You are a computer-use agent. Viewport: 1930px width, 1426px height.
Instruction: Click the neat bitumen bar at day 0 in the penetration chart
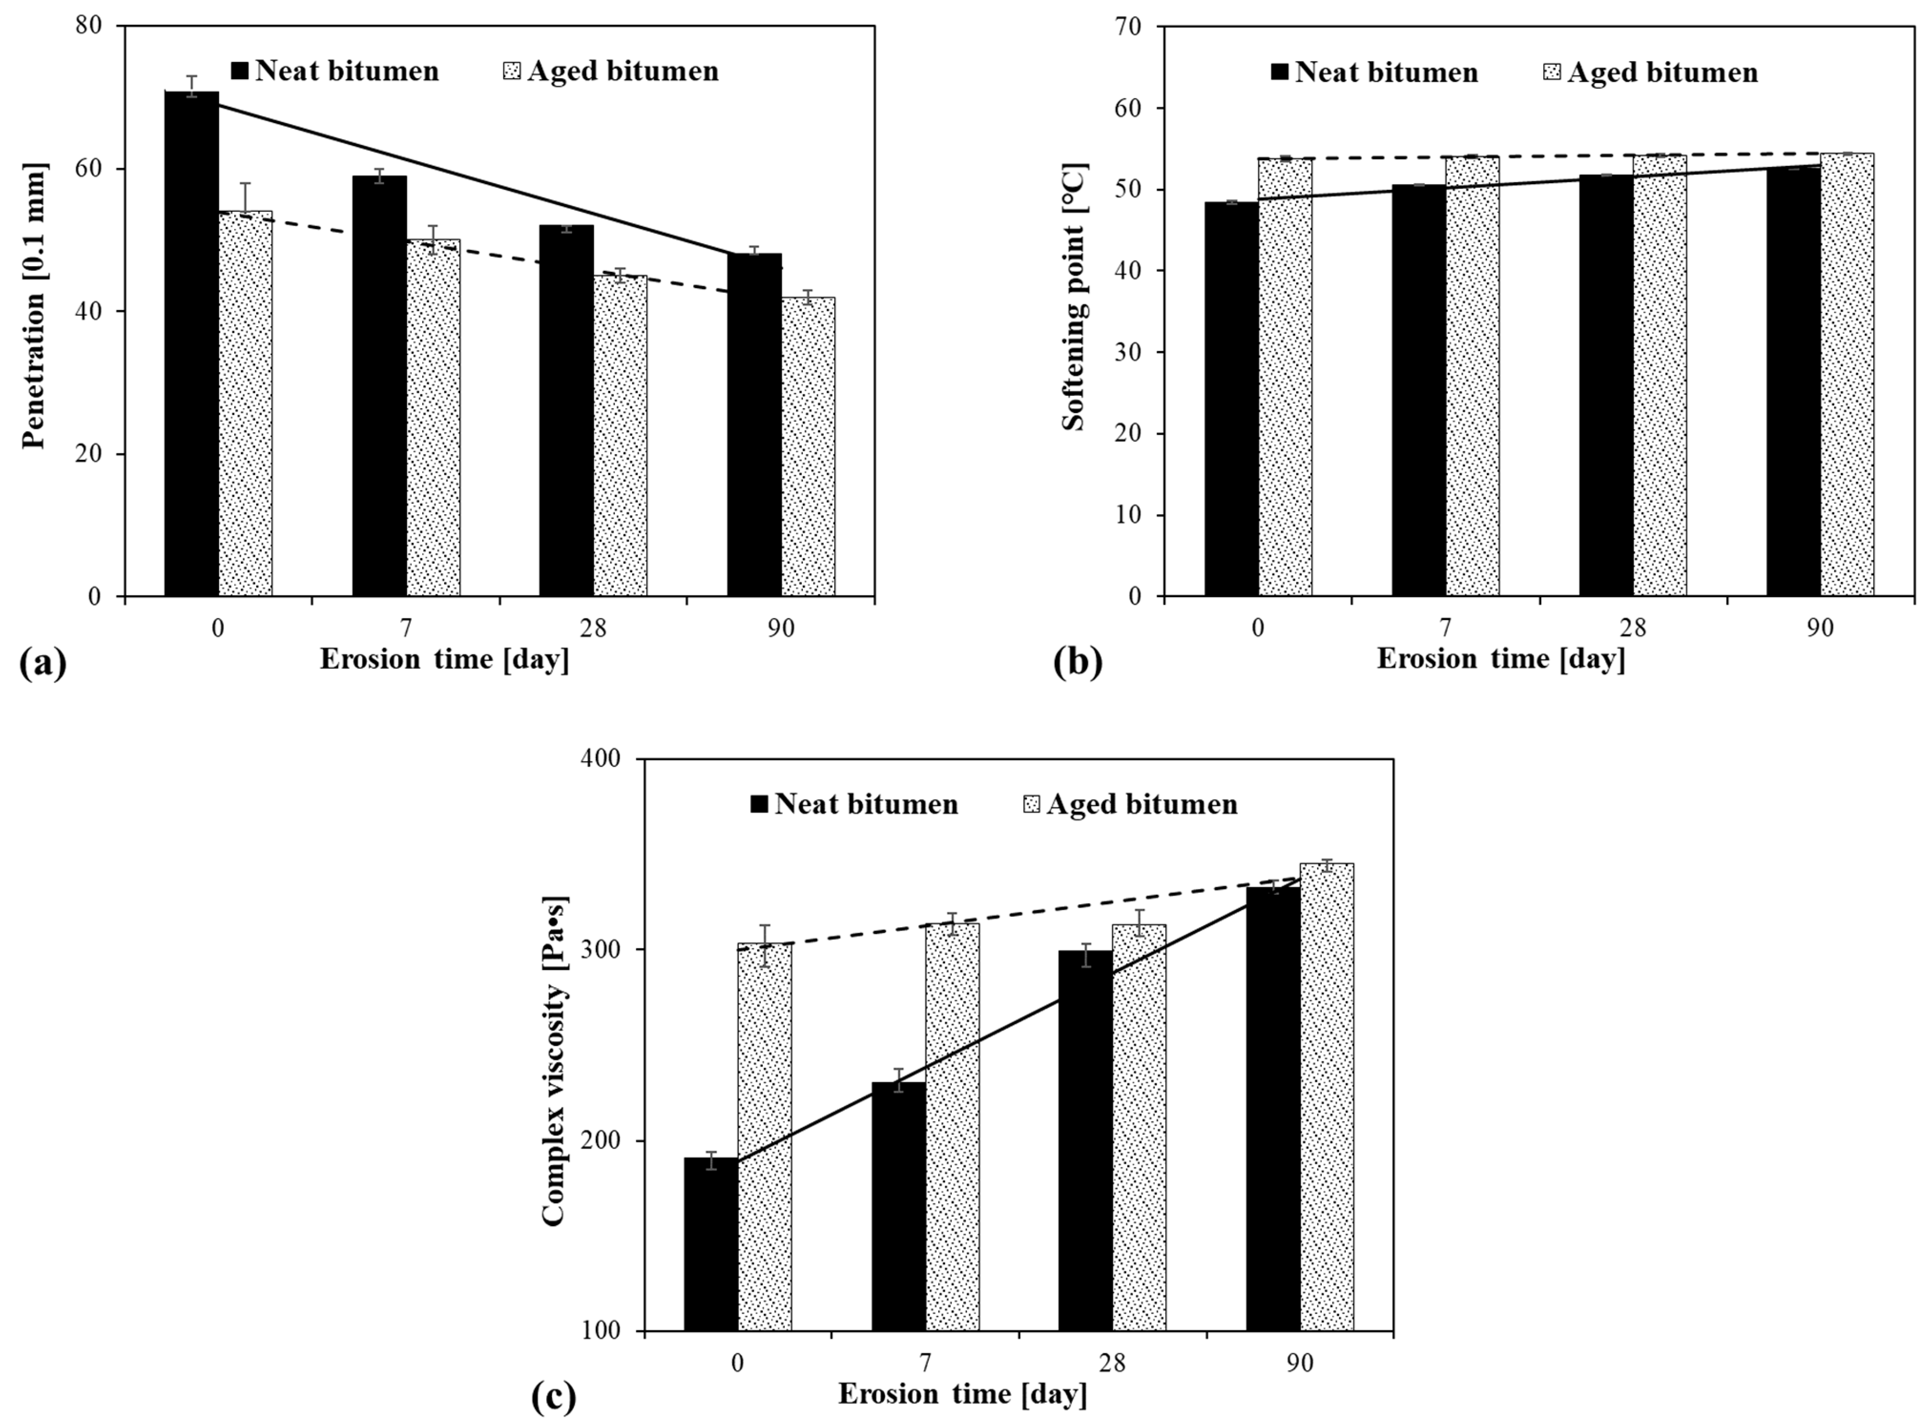pyautogui.click(x=192, y=345)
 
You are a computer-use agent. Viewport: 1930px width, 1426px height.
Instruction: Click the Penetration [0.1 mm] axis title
pyautogui.click(x=34, y=307)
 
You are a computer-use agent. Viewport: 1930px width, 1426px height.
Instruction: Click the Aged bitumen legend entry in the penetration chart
pyautogui.click(x=611, y=71)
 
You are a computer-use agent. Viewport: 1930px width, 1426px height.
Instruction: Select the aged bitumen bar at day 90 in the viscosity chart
pyautogui.click(x=1327, y=1097)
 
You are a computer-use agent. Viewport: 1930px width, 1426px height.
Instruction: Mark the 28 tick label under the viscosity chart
pyautogui.click(x=1112, y=1364)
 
